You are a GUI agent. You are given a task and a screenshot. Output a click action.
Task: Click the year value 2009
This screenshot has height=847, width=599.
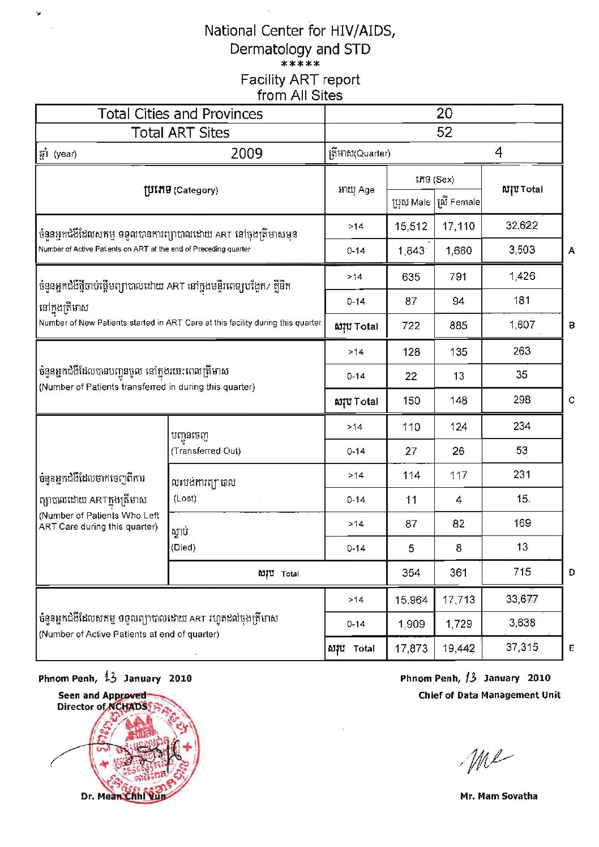(246, 153)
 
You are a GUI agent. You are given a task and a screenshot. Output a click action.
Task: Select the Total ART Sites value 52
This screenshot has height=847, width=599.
(444, 133)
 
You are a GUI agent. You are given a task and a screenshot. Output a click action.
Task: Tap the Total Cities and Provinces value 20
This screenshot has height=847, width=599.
(444, 113)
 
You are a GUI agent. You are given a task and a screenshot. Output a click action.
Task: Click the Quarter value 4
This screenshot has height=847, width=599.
(498, 152)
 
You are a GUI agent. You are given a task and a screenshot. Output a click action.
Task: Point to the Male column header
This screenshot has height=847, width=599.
(411, 202)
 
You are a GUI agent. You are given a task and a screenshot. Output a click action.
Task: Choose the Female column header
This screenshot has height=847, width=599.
(459, 202)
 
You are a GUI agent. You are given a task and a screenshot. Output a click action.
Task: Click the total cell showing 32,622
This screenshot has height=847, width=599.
(521, 225)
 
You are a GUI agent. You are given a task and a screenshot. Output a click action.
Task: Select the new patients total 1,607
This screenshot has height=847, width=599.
(521, 325)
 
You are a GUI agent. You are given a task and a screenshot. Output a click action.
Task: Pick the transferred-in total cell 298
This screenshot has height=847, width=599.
(521, 400)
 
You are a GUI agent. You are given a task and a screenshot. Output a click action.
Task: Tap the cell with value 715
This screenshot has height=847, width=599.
(521, 572)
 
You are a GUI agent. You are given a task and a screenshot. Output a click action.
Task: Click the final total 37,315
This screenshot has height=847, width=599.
(521, 648)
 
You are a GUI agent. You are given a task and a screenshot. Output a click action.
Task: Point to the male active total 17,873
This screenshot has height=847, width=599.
(411, 648)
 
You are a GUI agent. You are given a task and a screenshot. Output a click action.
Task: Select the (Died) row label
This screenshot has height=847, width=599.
(183, 547)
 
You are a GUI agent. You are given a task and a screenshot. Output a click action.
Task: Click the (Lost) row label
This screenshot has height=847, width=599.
(185, 499)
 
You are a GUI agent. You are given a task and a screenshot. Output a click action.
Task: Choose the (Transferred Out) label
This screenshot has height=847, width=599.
(206, 451)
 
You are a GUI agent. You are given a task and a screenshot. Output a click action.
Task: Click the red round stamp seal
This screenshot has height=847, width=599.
(144, 748)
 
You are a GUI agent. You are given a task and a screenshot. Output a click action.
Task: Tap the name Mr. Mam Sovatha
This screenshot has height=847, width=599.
(498, 796)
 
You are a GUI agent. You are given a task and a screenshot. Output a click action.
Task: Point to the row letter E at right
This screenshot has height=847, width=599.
(571, 648)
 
